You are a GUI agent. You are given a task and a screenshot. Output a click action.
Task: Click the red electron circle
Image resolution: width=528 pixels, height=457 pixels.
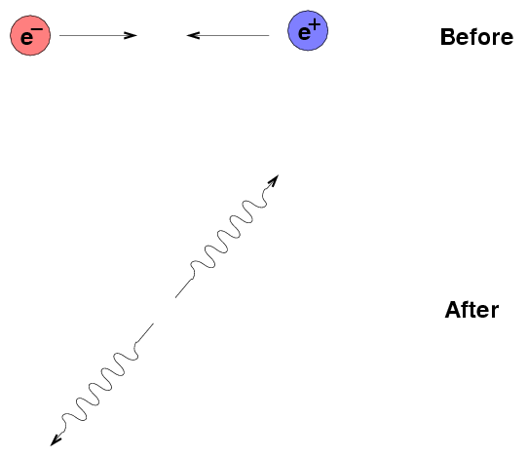click(30, 35)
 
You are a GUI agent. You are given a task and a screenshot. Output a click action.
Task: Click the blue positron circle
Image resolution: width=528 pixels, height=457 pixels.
click(308, 30)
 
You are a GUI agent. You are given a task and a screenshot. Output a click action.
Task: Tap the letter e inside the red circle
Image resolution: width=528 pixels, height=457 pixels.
click(27, 38)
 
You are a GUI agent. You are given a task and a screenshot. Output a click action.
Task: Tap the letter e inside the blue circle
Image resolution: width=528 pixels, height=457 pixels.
click(305, 33)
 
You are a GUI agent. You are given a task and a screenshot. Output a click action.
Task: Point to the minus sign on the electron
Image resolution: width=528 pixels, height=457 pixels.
click(38, 29)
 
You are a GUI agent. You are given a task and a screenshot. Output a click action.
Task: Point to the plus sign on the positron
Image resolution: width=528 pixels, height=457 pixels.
click(316, 24)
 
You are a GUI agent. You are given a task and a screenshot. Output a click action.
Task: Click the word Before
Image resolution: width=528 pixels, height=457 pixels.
click(476, 37)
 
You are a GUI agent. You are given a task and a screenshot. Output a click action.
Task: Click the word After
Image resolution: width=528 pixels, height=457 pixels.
click(471, 310)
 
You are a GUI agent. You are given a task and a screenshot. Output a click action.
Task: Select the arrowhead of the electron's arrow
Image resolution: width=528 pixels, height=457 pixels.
click(131, 35)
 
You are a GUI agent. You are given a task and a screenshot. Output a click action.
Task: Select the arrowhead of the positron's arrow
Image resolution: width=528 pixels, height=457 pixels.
click(193, 35)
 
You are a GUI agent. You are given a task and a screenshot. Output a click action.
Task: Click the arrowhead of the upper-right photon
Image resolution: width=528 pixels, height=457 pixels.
click(274, 180)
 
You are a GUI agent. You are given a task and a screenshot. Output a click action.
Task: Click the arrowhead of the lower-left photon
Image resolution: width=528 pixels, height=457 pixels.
click(56, 440)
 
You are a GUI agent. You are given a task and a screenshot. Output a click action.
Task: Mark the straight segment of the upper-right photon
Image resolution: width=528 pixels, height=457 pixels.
click(184, 288)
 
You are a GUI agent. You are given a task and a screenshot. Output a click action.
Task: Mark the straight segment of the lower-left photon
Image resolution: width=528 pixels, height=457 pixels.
click(144, 333)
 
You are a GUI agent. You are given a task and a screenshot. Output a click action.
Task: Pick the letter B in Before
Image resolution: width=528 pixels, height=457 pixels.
click(447, 37)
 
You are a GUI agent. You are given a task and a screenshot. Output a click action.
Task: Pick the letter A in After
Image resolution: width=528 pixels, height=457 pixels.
click(453, 310)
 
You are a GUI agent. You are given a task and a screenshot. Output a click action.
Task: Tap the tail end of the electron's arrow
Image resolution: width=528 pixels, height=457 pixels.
click(59, 35)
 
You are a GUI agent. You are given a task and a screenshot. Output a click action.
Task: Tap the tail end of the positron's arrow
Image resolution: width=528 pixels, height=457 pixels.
click(269, 35)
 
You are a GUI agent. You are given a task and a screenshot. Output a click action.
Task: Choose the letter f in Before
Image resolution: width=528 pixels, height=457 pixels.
click(472, 36)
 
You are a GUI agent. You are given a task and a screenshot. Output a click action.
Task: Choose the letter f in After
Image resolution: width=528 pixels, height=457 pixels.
click(465, 310)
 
